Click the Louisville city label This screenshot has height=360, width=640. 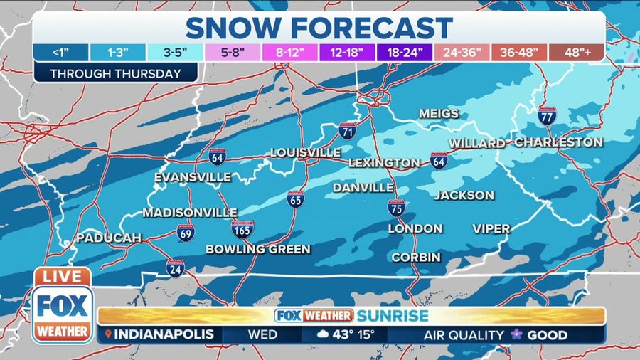[305, 153]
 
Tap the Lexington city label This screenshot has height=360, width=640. [384, 163]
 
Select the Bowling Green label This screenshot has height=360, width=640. [258, 249]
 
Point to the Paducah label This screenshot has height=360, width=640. [108, 238]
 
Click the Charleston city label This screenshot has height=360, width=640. [558, 142]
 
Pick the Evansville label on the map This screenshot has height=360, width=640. [193, 176]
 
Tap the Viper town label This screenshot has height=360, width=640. [491, 228]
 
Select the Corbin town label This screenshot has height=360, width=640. [416, 257]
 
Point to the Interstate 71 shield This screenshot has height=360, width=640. [347, 131]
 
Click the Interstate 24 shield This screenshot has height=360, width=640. [176, 268]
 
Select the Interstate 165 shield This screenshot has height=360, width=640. [242, 229]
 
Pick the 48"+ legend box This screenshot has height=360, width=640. [577, 53]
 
